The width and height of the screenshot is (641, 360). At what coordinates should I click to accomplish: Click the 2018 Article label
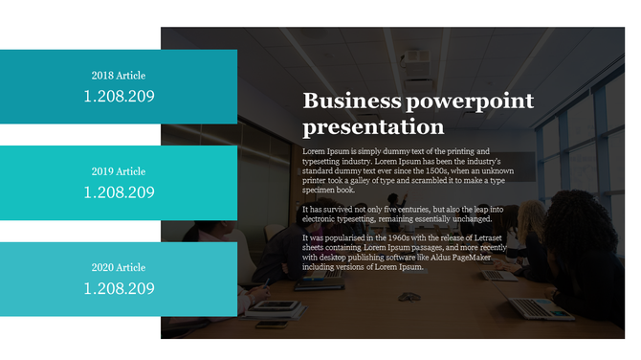(119, 75)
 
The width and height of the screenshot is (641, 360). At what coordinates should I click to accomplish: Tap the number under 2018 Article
(119, 96)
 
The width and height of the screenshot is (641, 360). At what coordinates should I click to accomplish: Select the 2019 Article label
(119, 171)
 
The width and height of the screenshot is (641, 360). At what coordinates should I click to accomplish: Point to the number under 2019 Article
(119, 192)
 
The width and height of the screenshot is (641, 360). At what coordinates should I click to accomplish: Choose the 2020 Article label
(119, 267)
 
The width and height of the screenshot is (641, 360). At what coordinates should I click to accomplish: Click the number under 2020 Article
(119, 288)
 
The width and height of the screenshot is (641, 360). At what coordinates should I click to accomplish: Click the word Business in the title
(348, 102)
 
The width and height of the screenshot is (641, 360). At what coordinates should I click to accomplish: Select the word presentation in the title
(373, 127)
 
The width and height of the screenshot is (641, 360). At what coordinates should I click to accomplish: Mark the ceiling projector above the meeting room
(414, 58)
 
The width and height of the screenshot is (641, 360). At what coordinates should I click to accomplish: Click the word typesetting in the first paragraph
(328, 162)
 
